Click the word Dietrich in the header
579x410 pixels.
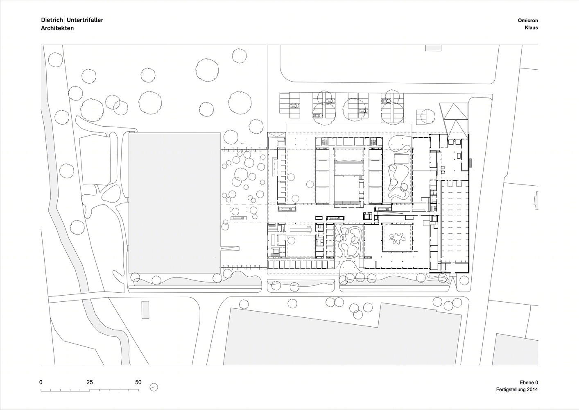52,20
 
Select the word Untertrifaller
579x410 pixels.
85,20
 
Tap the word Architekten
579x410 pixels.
57,28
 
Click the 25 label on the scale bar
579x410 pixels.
90,382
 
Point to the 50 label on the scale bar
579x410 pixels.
138,382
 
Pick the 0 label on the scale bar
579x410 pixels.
41,382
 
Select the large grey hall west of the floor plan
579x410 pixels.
175,203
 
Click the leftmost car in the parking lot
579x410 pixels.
294,106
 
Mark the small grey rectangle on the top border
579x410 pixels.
433,48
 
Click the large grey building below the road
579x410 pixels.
341,337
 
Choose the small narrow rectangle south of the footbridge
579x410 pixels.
145,310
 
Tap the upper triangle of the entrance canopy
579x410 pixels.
454,111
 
